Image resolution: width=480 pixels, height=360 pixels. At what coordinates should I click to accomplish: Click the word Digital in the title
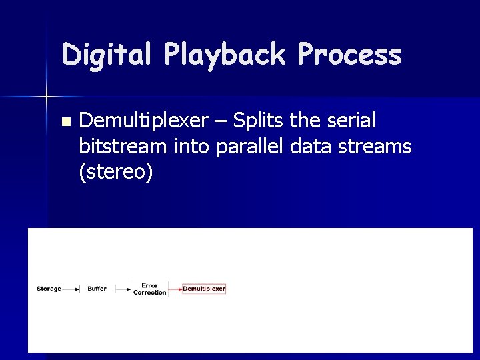(107, 55)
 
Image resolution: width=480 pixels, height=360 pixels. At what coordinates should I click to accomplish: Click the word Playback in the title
(225, 55)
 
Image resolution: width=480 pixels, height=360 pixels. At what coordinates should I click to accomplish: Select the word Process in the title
(350, 55)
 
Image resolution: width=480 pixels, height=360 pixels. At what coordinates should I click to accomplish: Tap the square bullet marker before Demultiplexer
(65, 122)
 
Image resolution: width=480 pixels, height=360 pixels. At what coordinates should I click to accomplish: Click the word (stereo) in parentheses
(115, 172)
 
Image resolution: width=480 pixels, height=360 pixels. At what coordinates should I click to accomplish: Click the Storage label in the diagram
(49, 289)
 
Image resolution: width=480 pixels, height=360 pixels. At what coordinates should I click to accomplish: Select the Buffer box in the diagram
(97, 289)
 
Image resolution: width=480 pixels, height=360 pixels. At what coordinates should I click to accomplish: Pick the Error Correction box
(149, 289)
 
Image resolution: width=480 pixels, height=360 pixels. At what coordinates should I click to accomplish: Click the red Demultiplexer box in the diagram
(204, 289)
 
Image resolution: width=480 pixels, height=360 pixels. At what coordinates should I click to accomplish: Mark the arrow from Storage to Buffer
(71, 289)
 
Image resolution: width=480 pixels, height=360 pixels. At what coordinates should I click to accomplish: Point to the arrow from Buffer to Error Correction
(123, 289)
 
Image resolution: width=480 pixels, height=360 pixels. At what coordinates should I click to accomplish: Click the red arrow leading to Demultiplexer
(175, 289)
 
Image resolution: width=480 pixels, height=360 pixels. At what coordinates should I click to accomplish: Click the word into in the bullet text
(191, 147)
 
